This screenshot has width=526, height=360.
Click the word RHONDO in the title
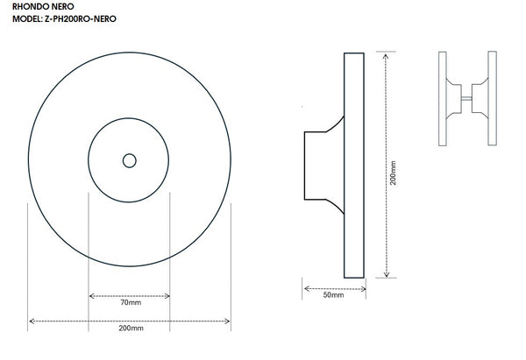tap(22, 6)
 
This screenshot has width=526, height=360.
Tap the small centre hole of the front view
tap(129, 160)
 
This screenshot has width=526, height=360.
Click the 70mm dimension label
tap(130, 303)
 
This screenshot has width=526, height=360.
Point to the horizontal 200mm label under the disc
tap(130, 329)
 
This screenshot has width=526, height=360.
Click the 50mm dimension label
tap(333, 296)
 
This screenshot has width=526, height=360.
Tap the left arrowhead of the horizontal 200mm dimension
tap(32, 321)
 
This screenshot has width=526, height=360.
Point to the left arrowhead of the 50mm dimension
tap(306, 287)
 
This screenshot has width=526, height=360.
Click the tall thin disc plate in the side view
tap(354, 164)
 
